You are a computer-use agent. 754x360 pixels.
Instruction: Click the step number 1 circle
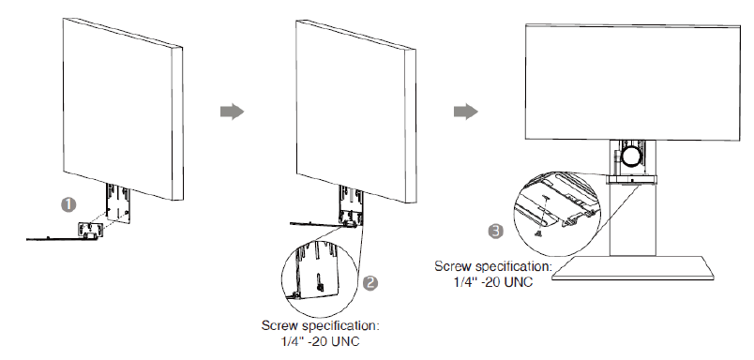(x=68, y=204)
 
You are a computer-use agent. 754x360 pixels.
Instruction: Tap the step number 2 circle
(x=369, y=283)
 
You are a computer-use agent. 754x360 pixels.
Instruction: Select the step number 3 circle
(x=496, y=232)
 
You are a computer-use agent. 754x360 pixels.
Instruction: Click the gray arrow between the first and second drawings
(x=233, y=112)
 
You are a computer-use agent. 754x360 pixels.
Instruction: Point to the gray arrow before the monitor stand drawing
(x=466, y=112)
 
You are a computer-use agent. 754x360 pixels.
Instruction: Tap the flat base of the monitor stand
(x=633, y=268)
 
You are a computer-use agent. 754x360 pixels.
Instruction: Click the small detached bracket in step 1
(x=89, y=230)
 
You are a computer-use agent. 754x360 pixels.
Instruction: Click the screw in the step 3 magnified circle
(x=539, y=233)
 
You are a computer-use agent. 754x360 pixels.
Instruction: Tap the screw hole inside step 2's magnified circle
(x=318, y=280)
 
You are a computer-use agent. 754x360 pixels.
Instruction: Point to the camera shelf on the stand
(x=631, y=180)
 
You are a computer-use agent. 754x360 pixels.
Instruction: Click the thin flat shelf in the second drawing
(x=318, y=223)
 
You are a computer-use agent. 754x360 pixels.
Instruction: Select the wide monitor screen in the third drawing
(x=633, y=82)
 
